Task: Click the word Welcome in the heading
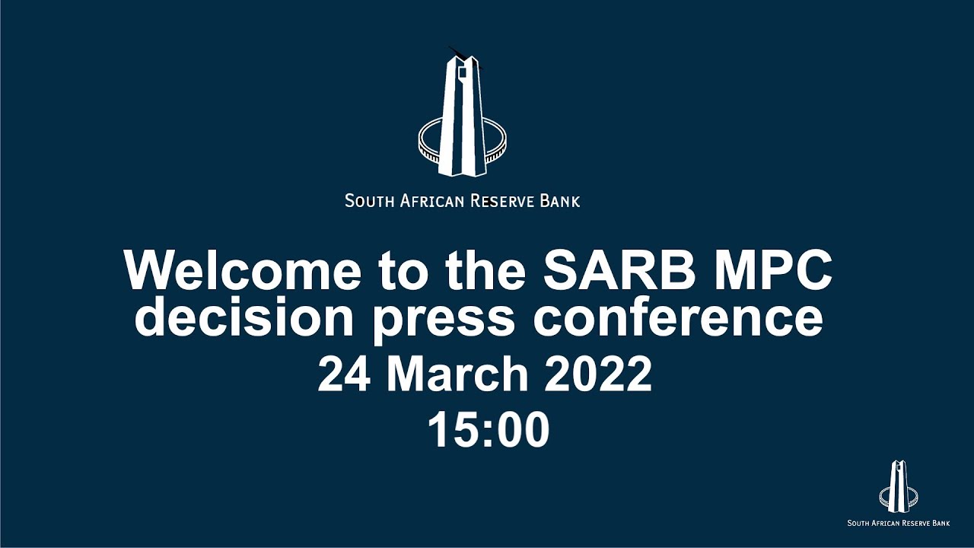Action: point(242,269)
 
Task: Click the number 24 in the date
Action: point(346,374)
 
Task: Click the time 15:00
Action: point(488,430)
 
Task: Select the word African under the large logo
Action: point(431,201)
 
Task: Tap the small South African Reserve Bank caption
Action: point(899,523)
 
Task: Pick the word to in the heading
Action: point(404,269)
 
